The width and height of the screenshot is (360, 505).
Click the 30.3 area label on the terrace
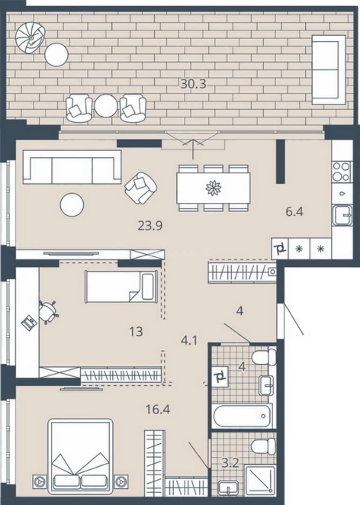coord(193,84)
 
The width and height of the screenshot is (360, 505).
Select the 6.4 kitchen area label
coord(294,212)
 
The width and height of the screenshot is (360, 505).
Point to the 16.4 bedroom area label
coord(158,409)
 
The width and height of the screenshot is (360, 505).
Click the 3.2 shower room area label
coord(230,463)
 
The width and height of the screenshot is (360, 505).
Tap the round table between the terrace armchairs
coord(106,106)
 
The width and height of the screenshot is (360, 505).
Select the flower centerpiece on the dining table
coord(214,188)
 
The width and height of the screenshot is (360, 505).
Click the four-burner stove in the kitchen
coord(341,172)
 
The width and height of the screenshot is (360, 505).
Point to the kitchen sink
coord(342,215)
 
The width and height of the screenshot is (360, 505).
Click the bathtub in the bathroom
coord(242,416)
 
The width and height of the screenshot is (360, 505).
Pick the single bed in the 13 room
coord(121,286)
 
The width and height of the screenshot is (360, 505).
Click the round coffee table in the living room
coord(72,204)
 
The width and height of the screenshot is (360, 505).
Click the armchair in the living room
coord(141,188)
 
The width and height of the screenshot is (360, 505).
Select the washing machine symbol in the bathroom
coord(220,376)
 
